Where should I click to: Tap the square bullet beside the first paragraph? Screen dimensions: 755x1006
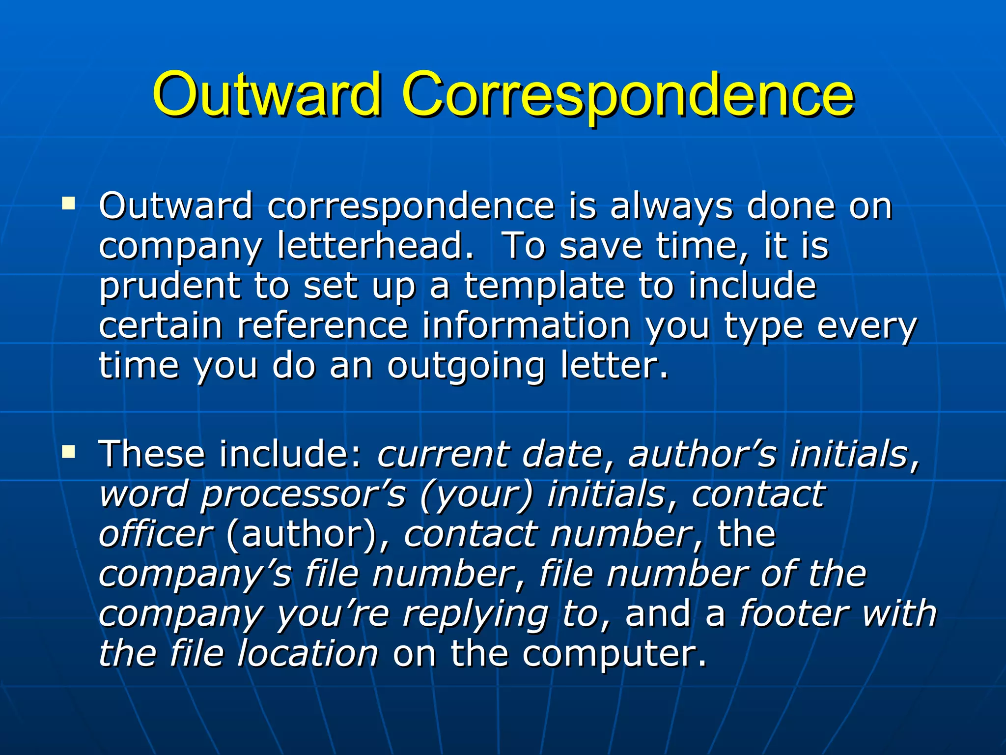69,203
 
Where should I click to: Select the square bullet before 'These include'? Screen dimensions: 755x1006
69,451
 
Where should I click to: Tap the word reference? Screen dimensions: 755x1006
322,325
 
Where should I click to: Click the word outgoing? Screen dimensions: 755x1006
466,366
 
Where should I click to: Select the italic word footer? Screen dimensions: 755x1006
794,613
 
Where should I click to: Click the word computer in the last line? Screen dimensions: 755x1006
614,654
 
